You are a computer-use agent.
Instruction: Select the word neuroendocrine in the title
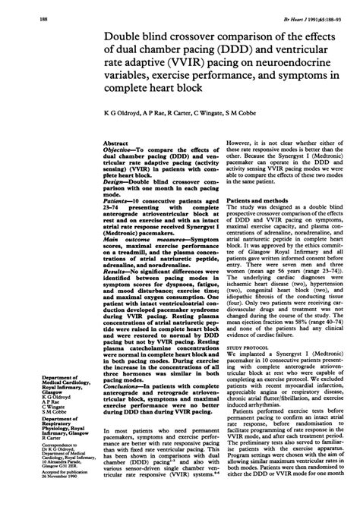point(288,62)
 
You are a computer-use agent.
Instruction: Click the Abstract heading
point(115,142)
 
